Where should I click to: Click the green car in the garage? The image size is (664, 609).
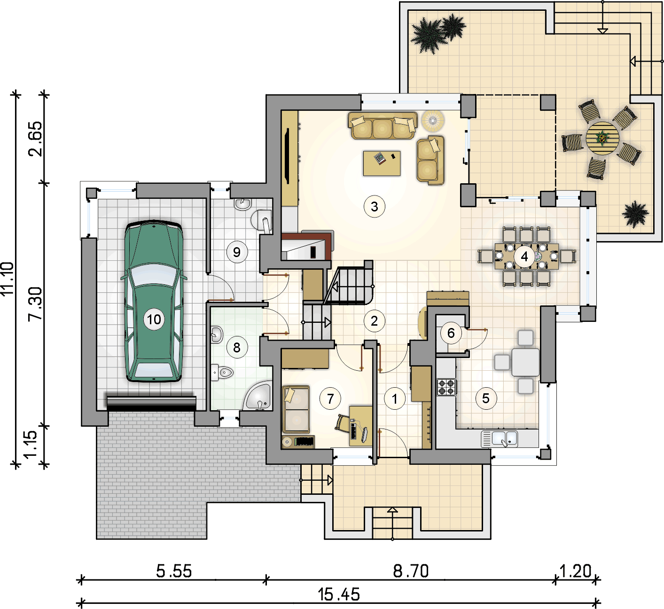(154, 301)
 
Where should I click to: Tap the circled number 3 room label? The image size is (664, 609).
(374, 206)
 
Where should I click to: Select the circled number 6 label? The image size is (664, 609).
(451, 333)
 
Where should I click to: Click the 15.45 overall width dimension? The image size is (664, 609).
(339, 594)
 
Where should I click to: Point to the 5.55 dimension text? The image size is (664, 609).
(174, 571)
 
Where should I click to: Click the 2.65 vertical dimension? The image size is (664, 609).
(35, 139)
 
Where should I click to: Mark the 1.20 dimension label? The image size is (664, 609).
(575, 571)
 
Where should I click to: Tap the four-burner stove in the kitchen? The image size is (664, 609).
(446, 387)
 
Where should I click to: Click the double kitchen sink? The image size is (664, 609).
(499, 438)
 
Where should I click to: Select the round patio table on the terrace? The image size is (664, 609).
(602, 138)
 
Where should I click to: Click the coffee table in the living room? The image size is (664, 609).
(382, 163)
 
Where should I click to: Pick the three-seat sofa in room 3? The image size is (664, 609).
(383, 125)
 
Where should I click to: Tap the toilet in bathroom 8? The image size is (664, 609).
(222, 373)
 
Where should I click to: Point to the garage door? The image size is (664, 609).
(151, 403)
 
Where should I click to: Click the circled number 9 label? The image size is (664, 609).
(237, 252)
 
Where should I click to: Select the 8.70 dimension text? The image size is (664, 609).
(411, 571)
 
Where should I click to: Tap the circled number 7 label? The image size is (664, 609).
(330, 398)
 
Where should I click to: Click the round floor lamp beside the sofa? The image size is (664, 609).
(433, 120)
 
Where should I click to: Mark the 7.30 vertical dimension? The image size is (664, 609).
(35, 304)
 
